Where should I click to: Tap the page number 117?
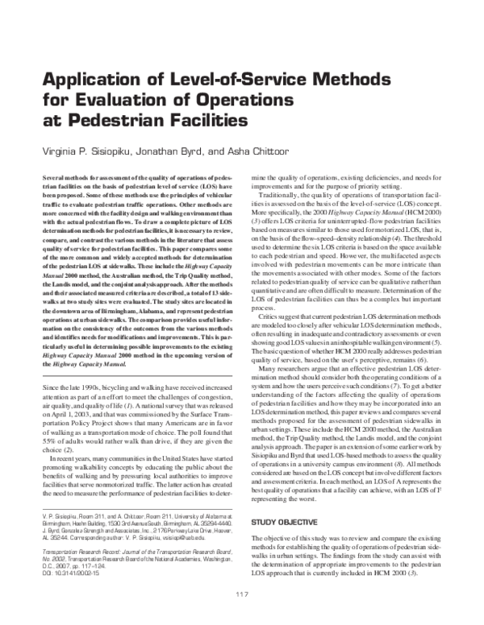[x=242, y=594]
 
